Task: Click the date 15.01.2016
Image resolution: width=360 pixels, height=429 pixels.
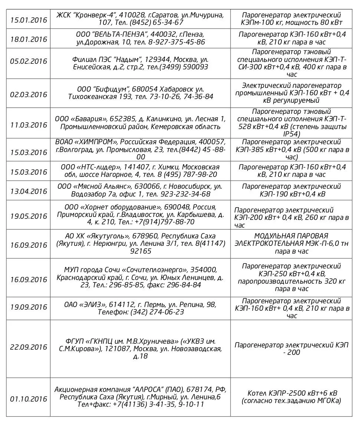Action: [x=29, y=20]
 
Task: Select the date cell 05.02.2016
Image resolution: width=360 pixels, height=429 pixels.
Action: [x=29, y=61]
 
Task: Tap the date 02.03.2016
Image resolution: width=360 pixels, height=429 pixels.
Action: [x=29, y=95]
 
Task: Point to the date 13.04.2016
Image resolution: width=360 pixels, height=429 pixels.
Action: [x=29, y=192]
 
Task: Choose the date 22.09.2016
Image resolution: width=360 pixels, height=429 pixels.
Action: [x=29, y=347]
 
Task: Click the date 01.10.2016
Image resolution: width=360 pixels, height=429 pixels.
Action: [x=29, y=399]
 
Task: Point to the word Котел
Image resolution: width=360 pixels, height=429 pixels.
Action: [x=257, y=393]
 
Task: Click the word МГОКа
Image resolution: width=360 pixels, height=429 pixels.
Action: [x=328, y=401]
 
